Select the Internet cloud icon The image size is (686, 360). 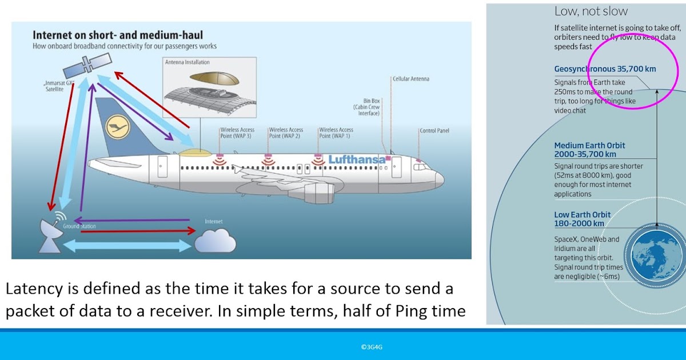tap(215, 240)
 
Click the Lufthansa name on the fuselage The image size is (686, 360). tap(357, 159)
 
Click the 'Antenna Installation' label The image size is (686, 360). tap(187, 62)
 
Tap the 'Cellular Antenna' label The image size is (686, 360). tap(410, 79)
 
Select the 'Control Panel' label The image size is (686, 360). tap(434, 130)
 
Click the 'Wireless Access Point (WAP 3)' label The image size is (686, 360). tap(237, 133)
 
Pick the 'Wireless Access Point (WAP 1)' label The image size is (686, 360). tap(336, 133)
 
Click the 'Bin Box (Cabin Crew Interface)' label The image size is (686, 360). tap(367, 106)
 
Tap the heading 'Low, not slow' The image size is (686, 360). tap(591, 11)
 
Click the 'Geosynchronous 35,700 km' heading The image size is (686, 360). tap(605, 69)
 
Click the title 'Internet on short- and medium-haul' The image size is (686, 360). tap(117, 35)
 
